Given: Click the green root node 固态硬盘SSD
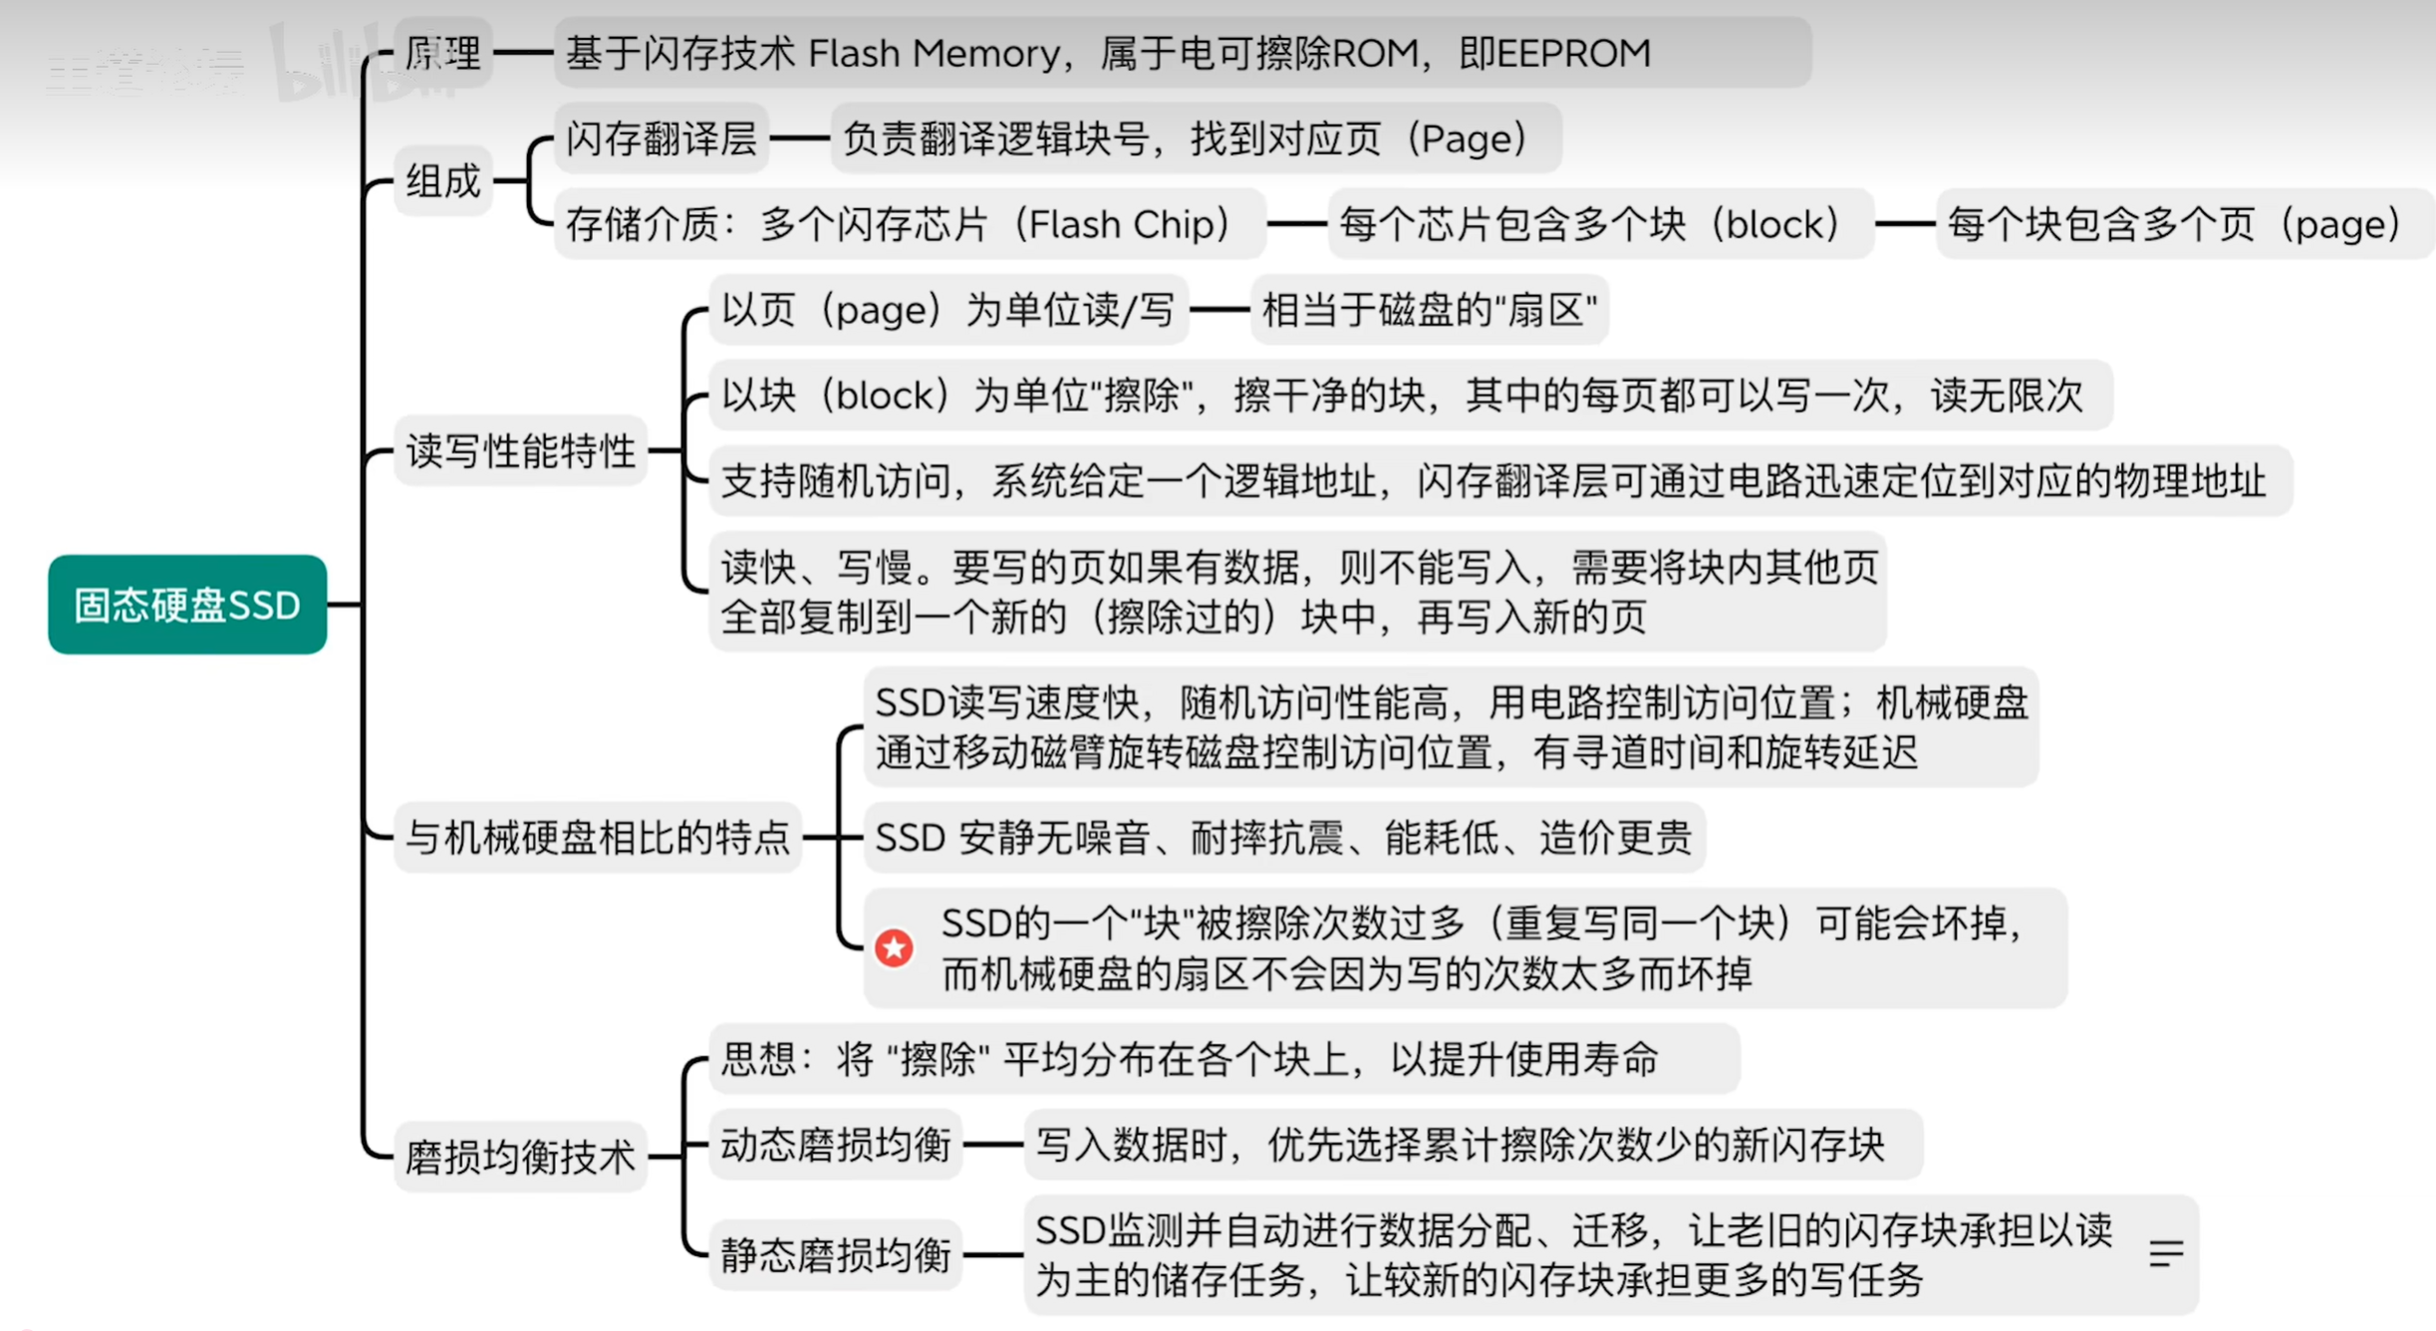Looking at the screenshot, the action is tap(187, 604).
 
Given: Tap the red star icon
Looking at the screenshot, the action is tap(894, 947).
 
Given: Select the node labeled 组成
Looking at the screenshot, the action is tap(443, 180).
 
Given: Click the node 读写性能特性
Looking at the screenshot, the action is tap(520, 451).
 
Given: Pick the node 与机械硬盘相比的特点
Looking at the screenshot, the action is tap(598, 837).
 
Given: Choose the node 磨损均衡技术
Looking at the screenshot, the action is tap(520, 1157).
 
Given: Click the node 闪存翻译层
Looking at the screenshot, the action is tap(662, 137).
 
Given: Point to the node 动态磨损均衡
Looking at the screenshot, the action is tap(835, 1144).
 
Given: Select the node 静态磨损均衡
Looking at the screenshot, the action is tap(835, 1254).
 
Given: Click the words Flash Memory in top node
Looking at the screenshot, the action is tap(934, 53).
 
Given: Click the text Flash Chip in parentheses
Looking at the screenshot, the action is tap(1128, 224).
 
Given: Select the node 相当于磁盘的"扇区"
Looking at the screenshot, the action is tap(1430, 310).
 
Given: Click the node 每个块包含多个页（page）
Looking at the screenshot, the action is tap(2182, 224).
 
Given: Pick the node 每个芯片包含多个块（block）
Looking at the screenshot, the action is tap(1600, 224).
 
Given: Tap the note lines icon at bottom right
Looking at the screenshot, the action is tap(2166, 1253).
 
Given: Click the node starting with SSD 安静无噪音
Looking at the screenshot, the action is tap(1284, 837).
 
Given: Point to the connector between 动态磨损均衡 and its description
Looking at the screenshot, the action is tap(993, 1144).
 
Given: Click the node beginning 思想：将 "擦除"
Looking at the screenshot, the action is tap(1224, 1058).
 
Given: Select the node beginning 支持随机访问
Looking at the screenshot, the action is tap(1500, 480).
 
